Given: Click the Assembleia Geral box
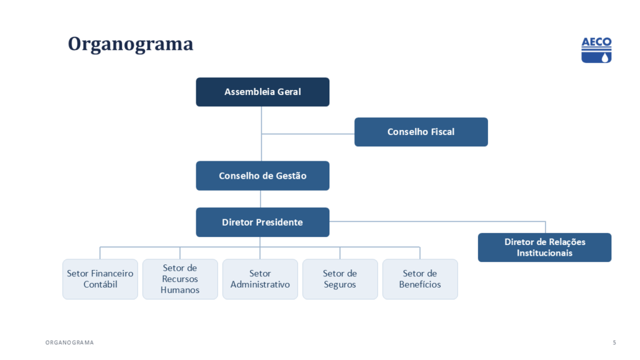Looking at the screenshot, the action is (262, 92).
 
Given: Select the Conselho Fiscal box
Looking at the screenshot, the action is (421, 132).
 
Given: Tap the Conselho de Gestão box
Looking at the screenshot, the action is (262, 176).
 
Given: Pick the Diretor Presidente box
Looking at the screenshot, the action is (262, 222).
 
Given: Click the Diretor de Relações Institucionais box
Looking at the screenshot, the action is (544, 247).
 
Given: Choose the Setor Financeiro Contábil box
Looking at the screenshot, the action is (100, 279).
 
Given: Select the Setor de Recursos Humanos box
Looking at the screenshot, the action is (180, 279).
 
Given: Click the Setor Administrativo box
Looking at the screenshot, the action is (260, 279).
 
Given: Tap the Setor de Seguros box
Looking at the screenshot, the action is (340, 279).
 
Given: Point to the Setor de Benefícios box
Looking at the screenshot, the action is (420, 279).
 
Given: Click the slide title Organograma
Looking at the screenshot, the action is (130, 44).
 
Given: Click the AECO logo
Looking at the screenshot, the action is (596, 50).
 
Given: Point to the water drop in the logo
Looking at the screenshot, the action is (604, 57).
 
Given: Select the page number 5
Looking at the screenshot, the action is (614, 342).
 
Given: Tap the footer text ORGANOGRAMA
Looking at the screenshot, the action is (69, 342).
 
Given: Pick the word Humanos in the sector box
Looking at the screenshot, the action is (180, 290).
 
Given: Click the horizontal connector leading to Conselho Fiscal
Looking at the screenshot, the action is (307, 134).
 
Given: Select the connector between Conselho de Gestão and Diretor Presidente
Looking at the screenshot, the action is (261, 199).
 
